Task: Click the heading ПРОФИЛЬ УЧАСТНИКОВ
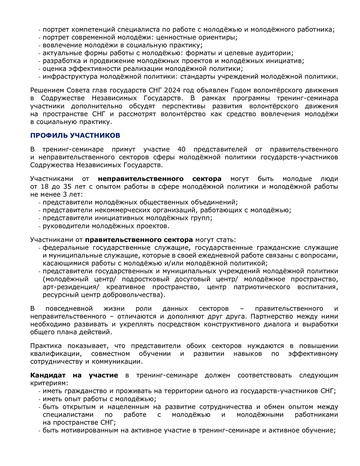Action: coord(75,135)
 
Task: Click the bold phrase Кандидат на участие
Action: coord(74,375)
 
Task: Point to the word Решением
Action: coord(47,90)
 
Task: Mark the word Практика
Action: coord(45,346)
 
